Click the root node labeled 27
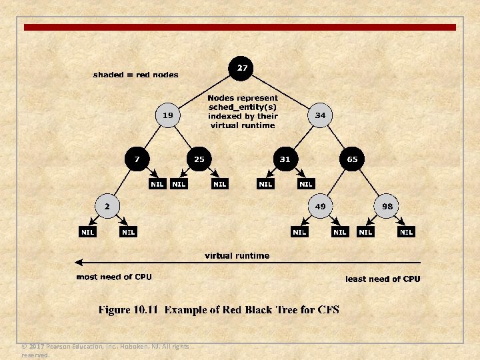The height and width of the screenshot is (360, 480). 242,68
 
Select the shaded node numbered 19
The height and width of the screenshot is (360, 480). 168,115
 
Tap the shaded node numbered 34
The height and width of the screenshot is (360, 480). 321,115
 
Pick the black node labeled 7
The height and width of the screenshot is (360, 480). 137,159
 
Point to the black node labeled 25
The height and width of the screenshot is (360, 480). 199,159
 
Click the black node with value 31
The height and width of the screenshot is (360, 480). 285,159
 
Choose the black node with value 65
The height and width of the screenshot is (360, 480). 352,159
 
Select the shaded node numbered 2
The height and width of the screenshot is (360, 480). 106,206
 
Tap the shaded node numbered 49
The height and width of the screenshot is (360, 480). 321,207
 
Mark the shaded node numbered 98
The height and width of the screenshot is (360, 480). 387,207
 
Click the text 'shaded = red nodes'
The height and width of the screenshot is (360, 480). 135,75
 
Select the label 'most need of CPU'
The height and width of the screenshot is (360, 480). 114,277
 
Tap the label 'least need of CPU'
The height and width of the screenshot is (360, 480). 383,279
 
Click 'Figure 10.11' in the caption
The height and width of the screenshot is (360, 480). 129,310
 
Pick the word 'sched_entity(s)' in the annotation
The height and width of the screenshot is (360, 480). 243,107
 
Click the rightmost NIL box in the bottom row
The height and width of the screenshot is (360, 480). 406,232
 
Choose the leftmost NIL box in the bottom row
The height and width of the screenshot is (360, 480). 87,232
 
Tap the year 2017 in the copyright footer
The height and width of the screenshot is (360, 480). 37,347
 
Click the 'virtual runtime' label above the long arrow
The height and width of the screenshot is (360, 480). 237,255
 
